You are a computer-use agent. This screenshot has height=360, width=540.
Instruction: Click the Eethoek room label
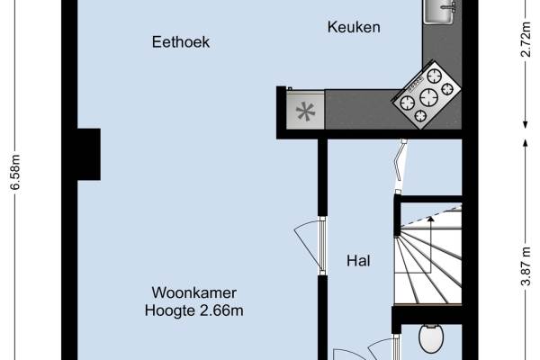click(x=182, y=42)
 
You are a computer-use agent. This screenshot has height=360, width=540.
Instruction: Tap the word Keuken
click(x=353, y=28)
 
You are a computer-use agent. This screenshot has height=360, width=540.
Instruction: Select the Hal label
click(x=359, y=262)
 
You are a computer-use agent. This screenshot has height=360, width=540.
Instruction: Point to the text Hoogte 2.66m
click(x=194, y=311)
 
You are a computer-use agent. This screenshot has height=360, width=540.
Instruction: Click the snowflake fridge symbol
click(x=306, y=112)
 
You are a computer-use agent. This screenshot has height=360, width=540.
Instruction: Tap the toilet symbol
click(x=431, y=340)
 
